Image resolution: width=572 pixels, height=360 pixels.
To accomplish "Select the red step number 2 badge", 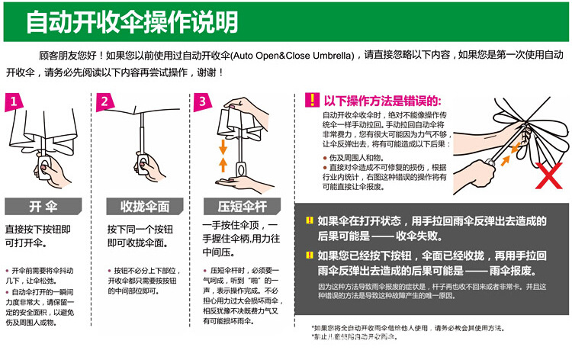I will click(106, 101).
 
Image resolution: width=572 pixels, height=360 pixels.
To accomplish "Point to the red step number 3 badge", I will click(201, 101).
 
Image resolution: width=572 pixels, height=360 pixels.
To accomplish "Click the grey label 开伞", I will click(43, 207).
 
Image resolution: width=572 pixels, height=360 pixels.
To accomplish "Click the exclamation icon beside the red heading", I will click(311, 101).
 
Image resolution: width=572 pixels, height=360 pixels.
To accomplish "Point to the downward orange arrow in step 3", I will click(223, 146).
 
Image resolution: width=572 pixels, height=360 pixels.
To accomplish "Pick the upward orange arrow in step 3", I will click(223, 163).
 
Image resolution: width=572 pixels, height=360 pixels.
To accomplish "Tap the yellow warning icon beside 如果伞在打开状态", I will click(309, 220).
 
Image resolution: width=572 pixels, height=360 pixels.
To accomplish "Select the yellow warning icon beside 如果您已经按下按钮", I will click(309, 256).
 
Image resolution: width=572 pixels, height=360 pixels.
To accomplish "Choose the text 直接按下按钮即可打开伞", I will click(43, 236).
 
